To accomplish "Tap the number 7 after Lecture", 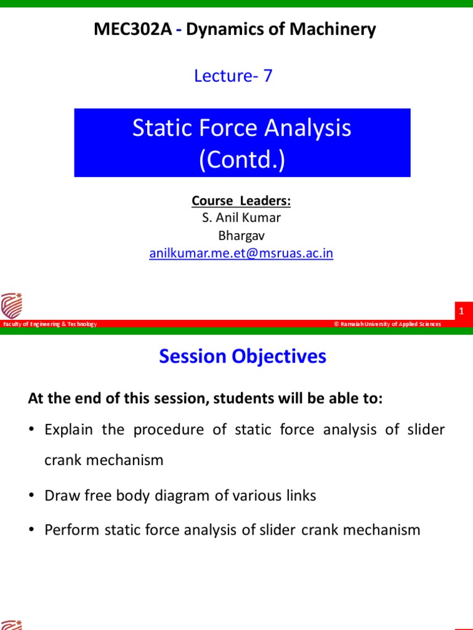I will coord(267,76).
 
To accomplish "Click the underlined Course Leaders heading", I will coord(241,201).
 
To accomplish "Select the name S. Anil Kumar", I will coord(241,218).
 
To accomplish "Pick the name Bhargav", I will coord(241,236).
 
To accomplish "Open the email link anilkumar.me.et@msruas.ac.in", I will coord(241,253).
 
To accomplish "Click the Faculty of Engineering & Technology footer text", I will coord(49,324).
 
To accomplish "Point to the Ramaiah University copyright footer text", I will coord(387,324).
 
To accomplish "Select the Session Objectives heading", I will coord(243,356).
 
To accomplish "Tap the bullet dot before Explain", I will coord(32,429).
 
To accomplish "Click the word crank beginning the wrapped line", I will coord(62,460).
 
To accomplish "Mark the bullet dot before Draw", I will coord(32,496).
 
